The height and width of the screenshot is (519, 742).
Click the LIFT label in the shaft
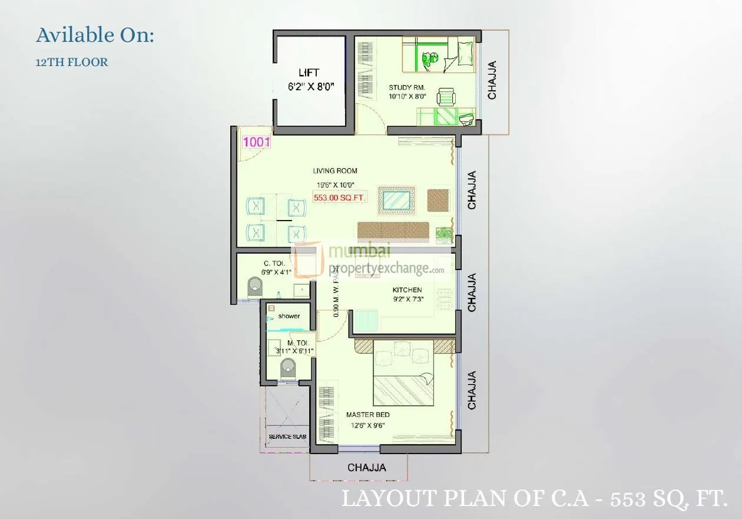[309, 73]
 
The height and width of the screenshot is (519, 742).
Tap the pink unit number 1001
[256, 142]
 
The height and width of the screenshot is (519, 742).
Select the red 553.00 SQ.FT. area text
[340, 198]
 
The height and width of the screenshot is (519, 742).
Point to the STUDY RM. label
[406, 88]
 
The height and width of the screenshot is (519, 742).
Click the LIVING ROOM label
[334, 171]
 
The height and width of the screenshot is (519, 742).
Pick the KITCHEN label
[408, 290]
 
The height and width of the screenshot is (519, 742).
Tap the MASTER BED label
[367, 415]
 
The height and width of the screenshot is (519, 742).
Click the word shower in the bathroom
[289, 316]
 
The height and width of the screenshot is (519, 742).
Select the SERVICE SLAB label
[287, 436]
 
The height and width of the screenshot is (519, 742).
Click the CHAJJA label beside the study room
[492, 80]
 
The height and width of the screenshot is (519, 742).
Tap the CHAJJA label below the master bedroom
[367, 468]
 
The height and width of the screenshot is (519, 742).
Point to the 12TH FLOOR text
[72, 62]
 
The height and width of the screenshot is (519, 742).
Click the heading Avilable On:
[95, 35]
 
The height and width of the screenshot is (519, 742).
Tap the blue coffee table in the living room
[396, 199]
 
